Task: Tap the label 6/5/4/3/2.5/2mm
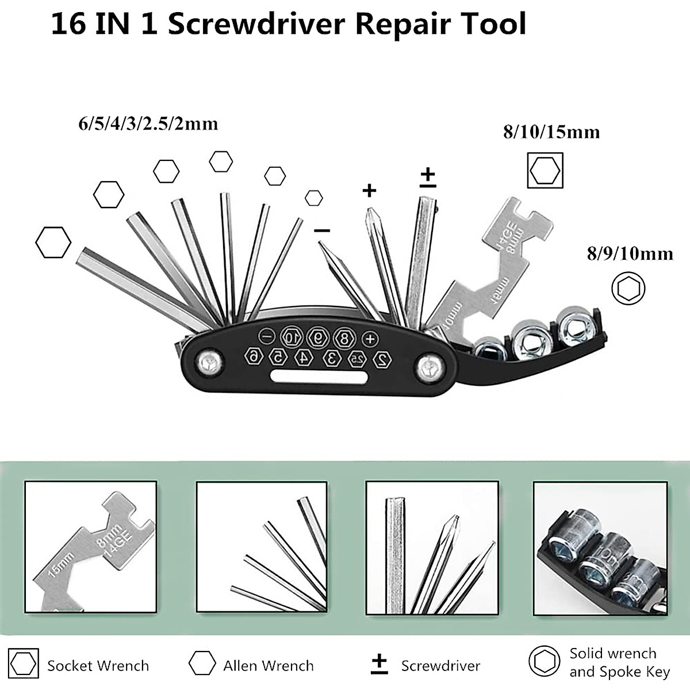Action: [x=148, y=124]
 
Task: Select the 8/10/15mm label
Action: [x=551, y=132]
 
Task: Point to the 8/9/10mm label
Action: [x=630, y=253]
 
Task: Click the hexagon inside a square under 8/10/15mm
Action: [x=545, y=170]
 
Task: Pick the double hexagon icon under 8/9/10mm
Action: [x=628, y=288]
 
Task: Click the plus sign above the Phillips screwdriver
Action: [x=369, y=190]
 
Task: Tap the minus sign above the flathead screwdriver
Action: [x=322, y=230]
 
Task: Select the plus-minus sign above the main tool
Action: [x=428, y=177]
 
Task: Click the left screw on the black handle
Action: [x=207, y=363]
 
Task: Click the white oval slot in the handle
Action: [x=319, y=378]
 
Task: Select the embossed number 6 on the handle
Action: [x=253, y=356]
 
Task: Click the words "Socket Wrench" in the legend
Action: [x=98, y=666]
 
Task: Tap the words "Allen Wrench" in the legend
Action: [x=269, y=666]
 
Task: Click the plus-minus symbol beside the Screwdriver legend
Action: [x=379, y=664]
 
